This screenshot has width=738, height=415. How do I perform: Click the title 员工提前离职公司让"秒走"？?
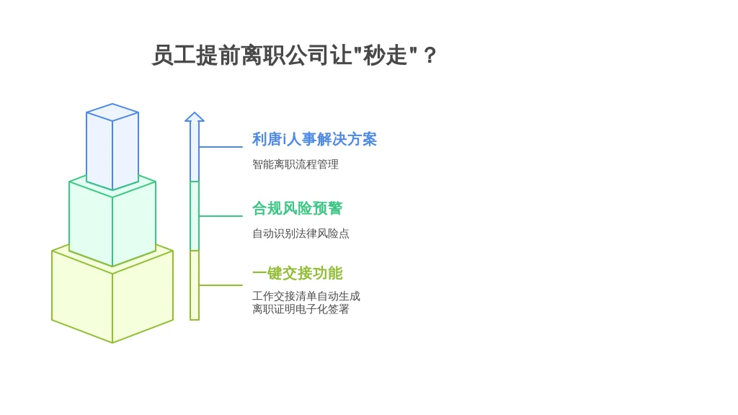[x=294, y=55]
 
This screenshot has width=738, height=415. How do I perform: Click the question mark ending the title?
[x=430, y=55]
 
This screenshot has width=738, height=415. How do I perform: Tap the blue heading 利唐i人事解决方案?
[x=314, y=139]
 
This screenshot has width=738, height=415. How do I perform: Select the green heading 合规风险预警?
[x=298, y=208]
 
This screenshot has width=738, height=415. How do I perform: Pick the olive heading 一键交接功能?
[x=298, y=273]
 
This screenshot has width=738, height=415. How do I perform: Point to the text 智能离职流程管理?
[x=295, y=164]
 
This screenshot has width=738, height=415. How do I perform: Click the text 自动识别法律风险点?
[x=301, y=233]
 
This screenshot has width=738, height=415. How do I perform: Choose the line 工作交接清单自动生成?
[x=306, y=296]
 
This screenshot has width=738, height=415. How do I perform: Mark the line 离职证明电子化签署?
[x=301, y=309]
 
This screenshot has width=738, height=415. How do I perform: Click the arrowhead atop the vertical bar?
[x=195, y=117]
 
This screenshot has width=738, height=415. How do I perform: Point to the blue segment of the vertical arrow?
[x=195, y=151]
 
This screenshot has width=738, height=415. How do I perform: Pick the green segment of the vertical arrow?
[x=195, y=216]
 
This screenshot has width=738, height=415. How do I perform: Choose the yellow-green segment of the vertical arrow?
[x=195, y=285]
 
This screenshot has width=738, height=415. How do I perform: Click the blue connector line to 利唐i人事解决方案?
[x=221, y=147]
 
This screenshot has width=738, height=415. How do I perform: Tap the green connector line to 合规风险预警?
[x=221, y=216]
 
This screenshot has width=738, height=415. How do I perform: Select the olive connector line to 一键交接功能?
[x=221, y=285]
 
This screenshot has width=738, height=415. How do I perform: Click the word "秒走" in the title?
[x=385, y=55]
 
